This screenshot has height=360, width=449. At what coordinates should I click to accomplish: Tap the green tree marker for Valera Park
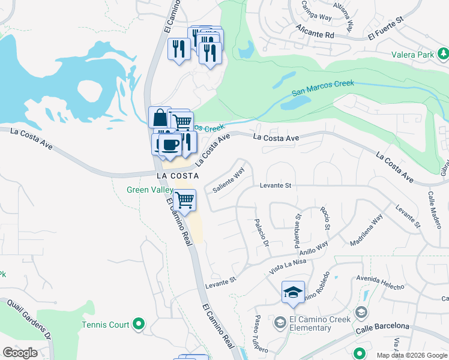click(443, 55)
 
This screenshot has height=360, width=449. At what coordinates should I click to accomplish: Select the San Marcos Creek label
click(323, 88)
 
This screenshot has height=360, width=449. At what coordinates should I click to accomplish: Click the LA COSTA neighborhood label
click(174, 176)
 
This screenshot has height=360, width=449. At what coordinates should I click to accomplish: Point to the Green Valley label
click(148, 190)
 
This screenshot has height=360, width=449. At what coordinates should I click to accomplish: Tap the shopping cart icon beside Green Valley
click(185, 200)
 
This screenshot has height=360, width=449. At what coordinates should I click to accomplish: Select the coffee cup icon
click(170, 145)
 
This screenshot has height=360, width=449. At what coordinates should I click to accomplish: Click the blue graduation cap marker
click(293, 292)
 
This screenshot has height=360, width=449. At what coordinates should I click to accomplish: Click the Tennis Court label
click(106, 325)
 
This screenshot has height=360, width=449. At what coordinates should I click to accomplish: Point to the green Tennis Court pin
click(139, 325)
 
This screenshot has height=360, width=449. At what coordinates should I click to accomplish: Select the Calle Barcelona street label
click(382, 326)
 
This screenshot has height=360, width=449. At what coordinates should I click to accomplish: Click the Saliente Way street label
click(229, 180)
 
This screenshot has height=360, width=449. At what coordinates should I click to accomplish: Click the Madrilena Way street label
click(366, 231)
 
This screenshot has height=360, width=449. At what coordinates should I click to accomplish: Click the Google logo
click(20, 352)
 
